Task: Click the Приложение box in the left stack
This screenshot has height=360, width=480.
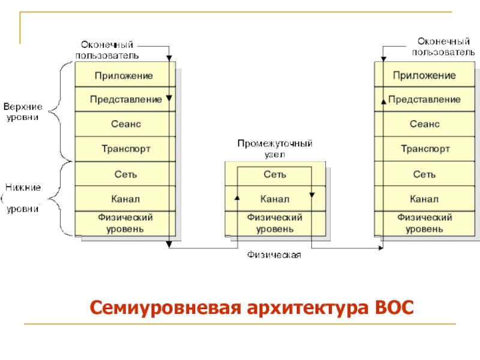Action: pos(125,74)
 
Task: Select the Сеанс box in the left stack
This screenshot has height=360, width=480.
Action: pos(125,124)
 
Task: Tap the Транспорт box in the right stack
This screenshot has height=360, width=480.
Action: pos(425,149)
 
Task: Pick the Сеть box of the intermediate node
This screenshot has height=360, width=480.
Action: pos(275,174)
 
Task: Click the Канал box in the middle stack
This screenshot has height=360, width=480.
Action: pos(275,199)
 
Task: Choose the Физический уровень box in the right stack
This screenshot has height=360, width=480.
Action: pos(425,223)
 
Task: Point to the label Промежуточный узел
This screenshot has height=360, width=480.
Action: pos(275,148)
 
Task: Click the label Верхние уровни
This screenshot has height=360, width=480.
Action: pos(23,112)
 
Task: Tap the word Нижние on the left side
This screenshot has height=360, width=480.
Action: pos(23,187)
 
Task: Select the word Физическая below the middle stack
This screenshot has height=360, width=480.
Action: pos(274,254)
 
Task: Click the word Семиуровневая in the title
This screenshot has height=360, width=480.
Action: pos(166,308)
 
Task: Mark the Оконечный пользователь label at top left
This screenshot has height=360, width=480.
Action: pos(107,50)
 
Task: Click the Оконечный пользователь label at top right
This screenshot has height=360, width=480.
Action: pos(443,47)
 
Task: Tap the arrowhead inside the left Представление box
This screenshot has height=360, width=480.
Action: pos(169,98)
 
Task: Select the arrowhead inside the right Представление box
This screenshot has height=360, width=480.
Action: pos(383,101)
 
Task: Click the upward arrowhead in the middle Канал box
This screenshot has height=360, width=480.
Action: pos(237,197)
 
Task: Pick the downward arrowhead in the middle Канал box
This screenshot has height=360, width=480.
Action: pos(312,194)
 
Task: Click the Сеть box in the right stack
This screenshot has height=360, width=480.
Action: pos(425,174)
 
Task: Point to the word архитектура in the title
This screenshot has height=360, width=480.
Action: pos(308,308)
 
